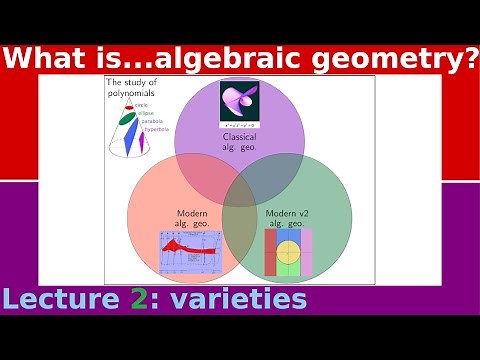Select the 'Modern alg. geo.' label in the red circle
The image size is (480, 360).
pyautogui.click(x=192, y=218)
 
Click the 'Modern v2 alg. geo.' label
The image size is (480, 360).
pyautogui.click(x=288, y=218)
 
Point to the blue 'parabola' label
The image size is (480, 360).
pyautogui.click(x=152, y=121)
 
